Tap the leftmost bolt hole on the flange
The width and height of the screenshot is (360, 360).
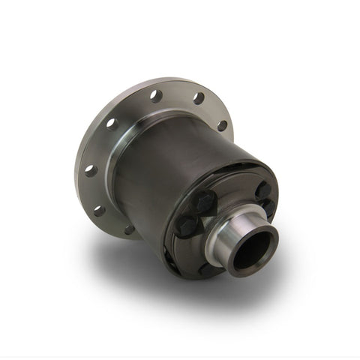pos(90,170)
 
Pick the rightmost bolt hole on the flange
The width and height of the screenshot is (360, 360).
pos(222,125)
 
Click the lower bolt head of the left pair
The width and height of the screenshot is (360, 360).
pos(187,225)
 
